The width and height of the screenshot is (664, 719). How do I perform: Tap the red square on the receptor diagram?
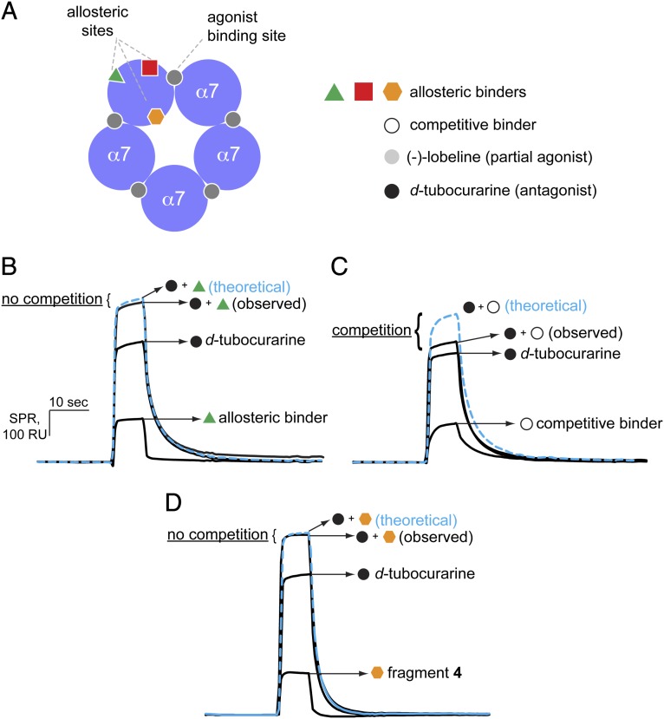(x=150, y=68)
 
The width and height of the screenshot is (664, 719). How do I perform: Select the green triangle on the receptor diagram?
(x=116, y=75)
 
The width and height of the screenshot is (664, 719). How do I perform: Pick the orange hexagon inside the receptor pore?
(x=156, y=116)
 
